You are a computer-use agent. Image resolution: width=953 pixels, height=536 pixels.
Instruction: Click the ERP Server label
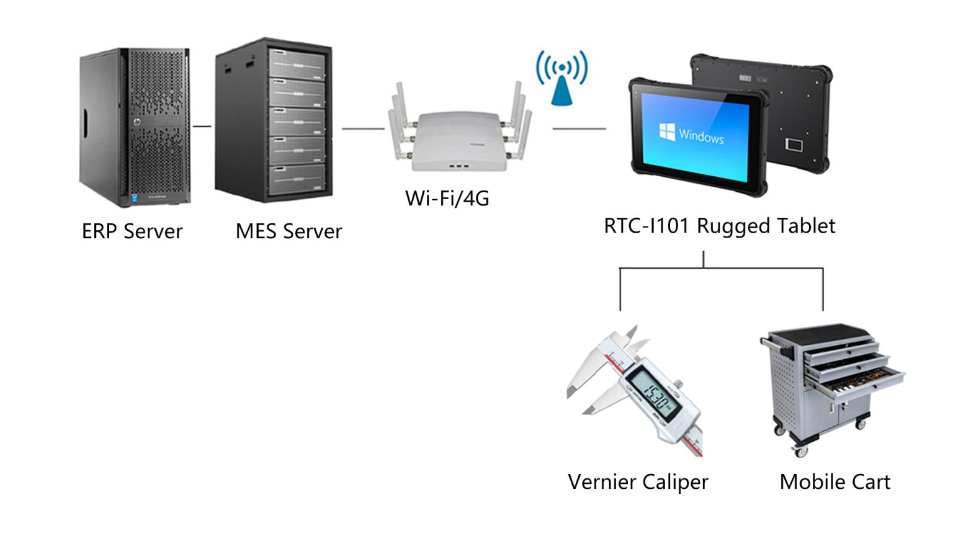coord(132,231)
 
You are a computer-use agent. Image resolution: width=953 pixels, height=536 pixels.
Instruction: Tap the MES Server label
coord(289,231)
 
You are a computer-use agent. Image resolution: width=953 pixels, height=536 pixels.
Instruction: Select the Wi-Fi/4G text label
coord(447,199)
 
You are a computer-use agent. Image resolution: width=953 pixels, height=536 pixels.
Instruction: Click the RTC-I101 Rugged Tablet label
coord(719,226)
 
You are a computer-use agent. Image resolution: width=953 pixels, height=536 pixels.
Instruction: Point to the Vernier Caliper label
coord(638,482)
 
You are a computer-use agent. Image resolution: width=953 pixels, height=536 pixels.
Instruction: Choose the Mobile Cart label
coord(834,482)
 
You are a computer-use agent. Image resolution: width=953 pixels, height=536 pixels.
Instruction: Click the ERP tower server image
coord(135,127)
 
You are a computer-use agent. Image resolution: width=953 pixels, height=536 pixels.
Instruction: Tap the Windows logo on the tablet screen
coord(668,132)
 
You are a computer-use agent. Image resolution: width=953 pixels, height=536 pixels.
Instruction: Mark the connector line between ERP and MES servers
coord(202,127)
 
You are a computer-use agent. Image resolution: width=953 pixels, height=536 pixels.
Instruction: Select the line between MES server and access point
coord(363,129)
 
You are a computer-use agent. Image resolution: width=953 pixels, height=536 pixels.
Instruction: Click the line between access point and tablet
coord(579,129)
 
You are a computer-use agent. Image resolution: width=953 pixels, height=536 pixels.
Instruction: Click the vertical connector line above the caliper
coord(620,288)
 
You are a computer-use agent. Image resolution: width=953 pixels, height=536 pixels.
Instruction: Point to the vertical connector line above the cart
coord(823,288)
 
